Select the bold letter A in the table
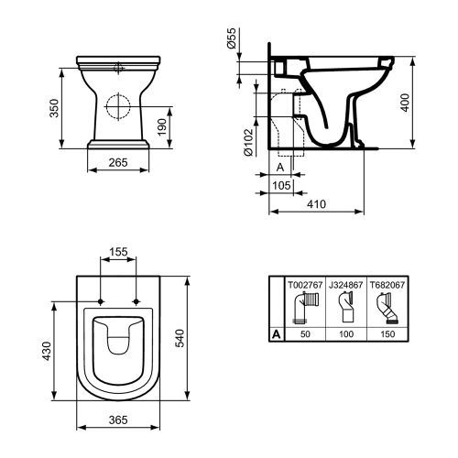[x=276, y=334]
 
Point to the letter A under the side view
[x=279, y=168]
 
